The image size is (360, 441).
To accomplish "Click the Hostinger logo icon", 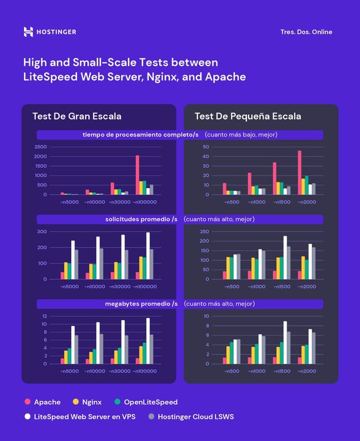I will [28, 32].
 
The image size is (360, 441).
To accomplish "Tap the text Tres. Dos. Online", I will [306, 32].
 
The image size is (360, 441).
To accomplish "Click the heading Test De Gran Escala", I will [76, 117].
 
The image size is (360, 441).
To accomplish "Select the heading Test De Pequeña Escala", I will [247, 117].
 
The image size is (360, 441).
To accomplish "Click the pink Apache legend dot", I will [27, 402].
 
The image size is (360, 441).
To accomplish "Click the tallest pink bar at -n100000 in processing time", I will [137, 175].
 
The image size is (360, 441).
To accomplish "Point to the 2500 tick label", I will [40, 146].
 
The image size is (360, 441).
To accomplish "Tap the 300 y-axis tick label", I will [42, 231].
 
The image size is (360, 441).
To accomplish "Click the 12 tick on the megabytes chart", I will [44, 316].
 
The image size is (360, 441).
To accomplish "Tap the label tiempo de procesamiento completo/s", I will [141, 134].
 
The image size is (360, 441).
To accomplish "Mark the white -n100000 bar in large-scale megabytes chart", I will [148, 341].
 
